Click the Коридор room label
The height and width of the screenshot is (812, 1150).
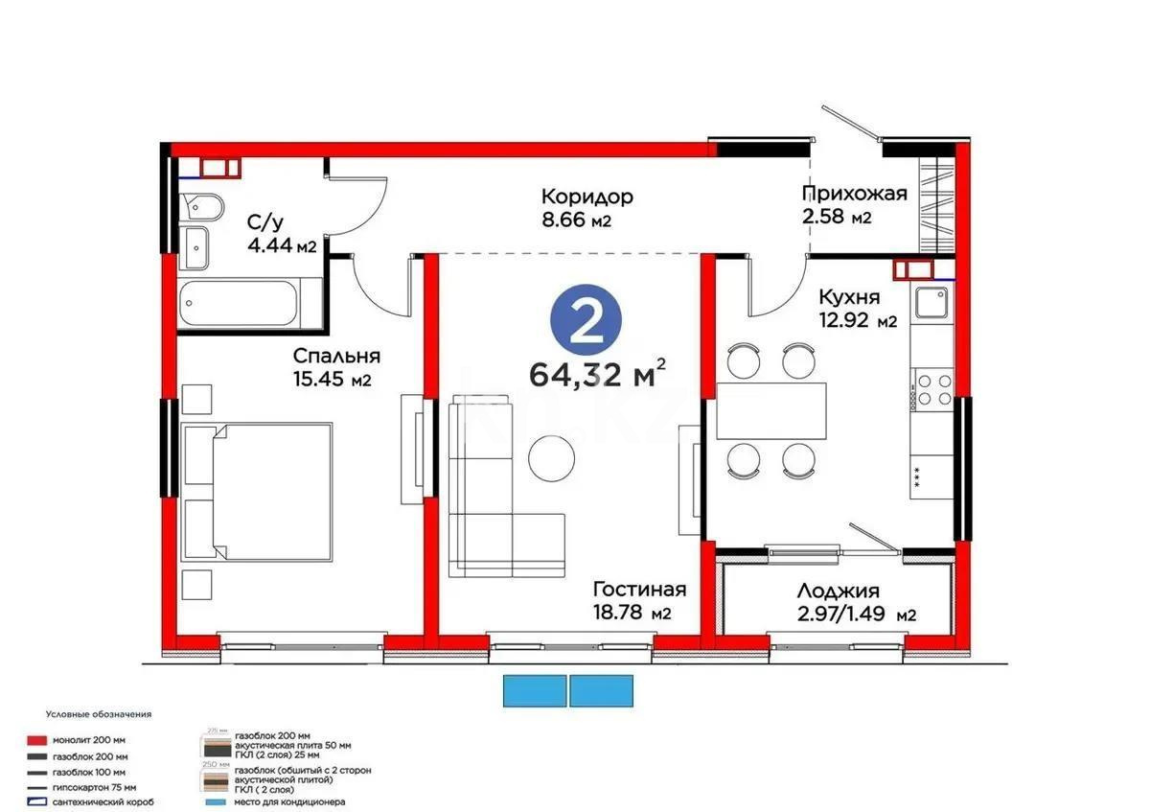(x=586, y=197)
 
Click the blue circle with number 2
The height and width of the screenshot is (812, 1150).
(x=586, y=322)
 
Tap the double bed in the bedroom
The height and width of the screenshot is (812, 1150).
(x=257, y=490)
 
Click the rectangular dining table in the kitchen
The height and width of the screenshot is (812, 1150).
(x=771, y=408)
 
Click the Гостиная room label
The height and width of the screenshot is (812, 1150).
(x=638, y=589)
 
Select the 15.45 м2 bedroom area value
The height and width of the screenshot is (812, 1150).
(x=332, y=380)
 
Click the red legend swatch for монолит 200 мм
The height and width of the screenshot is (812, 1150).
(x=36, y=740)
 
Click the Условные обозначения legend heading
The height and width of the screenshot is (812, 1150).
(x=98, y=714)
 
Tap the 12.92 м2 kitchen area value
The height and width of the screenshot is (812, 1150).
(x=857, y=321)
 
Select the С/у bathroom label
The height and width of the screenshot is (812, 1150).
(x=264, y=223)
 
